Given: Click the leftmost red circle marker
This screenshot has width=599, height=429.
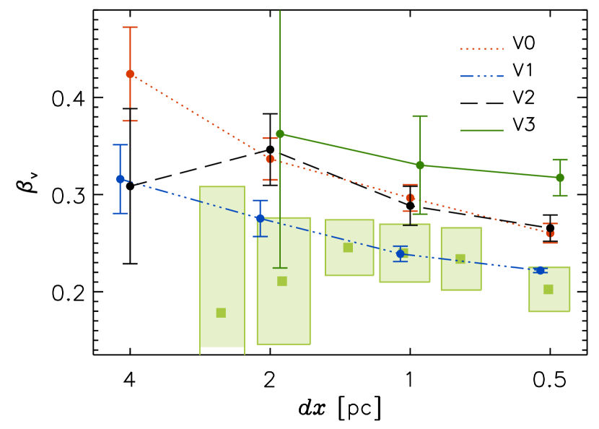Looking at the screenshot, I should (x=130, y=74).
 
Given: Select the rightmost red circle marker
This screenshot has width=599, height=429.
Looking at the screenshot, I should (x=550, y=234).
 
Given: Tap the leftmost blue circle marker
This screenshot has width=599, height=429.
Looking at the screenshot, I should (x=120, y=179).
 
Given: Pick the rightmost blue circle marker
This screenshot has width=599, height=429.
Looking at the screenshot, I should (x=540, y=270).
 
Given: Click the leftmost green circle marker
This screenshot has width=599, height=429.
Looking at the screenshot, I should (x=280, y=134).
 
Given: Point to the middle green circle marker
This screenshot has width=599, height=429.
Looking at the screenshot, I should (x=420, y=165).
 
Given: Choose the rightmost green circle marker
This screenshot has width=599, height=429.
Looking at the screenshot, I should (x=560, y=178).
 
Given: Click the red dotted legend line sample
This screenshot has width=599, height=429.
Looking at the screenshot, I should (x=481, y=49).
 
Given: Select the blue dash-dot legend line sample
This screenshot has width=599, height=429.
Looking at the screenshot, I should (x=481, y=76).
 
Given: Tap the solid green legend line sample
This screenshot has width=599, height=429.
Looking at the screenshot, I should (x=481, y=130).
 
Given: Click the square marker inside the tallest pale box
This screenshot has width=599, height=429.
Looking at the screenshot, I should (x=221, y=313).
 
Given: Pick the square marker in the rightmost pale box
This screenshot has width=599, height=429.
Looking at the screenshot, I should (x=548, y=289).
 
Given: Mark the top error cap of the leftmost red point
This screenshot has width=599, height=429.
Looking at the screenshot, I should (x=130, y=27).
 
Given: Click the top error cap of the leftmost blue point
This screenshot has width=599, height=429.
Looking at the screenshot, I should (x=120, y=144).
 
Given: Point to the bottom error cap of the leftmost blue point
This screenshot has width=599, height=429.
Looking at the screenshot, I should (x=120, y=213).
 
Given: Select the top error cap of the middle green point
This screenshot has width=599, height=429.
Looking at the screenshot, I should (x=420, y=116).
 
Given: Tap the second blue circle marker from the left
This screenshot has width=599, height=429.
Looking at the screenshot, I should (x=260, y=217).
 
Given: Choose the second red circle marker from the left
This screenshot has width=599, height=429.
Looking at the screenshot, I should (x=270, y=159).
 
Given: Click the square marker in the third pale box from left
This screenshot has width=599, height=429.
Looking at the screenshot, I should (x=348, y=247).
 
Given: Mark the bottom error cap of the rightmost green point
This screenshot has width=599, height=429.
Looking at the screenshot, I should (x=560, y=195).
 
